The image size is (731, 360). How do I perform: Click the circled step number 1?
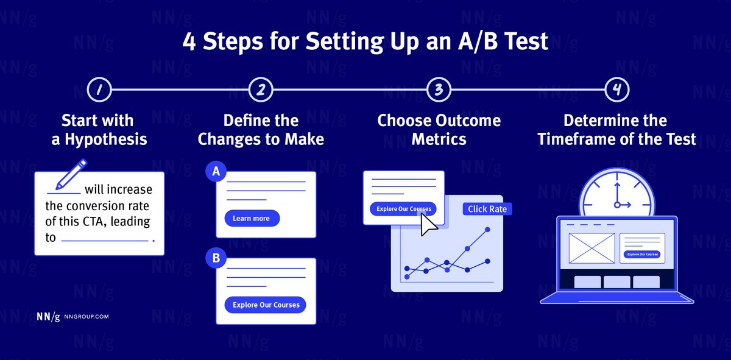click(99, 90)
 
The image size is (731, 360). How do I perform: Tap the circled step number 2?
click(260, 90)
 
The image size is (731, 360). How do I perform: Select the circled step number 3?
click(439, 90)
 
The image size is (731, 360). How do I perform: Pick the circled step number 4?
click(616, 90)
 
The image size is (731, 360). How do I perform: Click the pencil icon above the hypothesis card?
click(72, 174)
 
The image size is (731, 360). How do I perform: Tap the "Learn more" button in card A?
click(252, 218)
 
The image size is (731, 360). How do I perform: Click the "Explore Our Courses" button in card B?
click(266, 305)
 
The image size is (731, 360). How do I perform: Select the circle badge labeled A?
click(216, 172)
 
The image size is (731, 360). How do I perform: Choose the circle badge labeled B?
click(216, 259)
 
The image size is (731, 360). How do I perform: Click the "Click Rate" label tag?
click(487, 209)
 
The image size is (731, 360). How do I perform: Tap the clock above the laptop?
click(616, 193)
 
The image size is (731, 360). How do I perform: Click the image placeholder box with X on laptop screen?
click(592, 249)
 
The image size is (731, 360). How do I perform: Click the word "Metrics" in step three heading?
click(439, 139)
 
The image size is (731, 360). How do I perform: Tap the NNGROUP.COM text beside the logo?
click(86, 317)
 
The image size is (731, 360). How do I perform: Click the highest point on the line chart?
click(487, 230)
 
